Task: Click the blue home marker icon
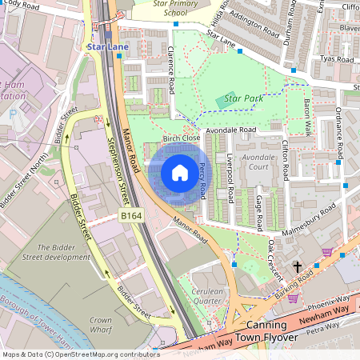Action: (x=180, y=172)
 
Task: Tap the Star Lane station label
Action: (x=107, y=46)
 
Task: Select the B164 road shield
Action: (x=132, y=215)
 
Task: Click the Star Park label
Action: (x=243, y=98)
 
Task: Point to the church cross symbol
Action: (x=298, y=266)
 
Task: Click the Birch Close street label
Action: (x=181, y=138)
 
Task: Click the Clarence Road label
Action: (x=171, y=73)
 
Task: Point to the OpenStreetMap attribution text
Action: (x=81, y=354)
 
